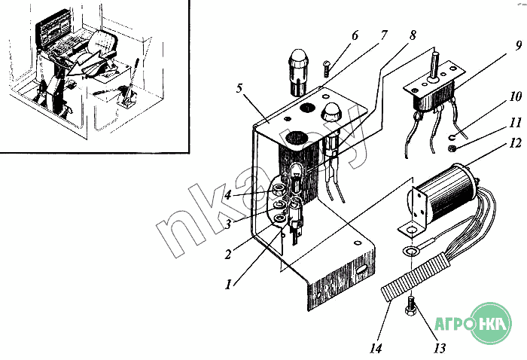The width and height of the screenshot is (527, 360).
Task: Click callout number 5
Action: pos(239,89)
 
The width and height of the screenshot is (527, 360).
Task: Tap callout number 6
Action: pos(355,35)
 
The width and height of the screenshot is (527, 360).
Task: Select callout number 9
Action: pos(519,45)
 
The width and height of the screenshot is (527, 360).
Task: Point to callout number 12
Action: pos(515,143)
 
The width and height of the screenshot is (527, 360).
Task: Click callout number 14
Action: pos(376,348)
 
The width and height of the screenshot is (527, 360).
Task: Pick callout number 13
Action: pos(439,348)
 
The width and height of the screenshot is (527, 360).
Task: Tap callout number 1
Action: pos(228,285)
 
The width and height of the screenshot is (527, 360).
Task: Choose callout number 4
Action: pos(228,194)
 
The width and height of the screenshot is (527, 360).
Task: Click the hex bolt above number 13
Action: pos(411,307)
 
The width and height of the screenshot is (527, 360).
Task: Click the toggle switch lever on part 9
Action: pos(434,64)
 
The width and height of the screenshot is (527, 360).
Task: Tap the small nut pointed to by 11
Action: pos(452,148)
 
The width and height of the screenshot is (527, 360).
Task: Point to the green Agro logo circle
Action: pos(491,323)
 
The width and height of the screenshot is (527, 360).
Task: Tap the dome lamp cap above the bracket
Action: pos(298,59)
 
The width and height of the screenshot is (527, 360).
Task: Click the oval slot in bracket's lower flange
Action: pos(362,269)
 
